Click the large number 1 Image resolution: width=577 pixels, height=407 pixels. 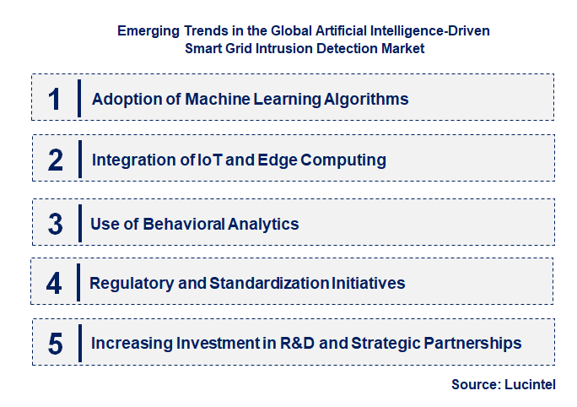(55, 99)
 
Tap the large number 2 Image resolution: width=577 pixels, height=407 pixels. (56, 160)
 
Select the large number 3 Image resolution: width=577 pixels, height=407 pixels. (56, 224)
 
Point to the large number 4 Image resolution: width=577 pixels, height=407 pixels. (54, 283)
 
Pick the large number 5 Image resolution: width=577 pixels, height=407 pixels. (56, 344)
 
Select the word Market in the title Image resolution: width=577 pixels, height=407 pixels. (397, 48)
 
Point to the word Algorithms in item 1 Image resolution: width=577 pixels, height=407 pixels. (366, 99)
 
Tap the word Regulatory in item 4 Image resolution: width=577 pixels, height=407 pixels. (131, 283)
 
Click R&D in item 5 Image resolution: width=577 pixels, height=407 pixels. (297, 344)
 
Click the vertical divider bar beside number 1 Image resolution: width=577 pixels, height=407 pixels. (78, 99)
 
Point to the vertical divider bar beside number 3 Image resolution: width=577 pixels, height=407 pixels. (78, 224)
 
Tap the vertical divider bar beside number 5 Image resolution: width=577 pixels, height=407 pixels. (78, 344)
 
